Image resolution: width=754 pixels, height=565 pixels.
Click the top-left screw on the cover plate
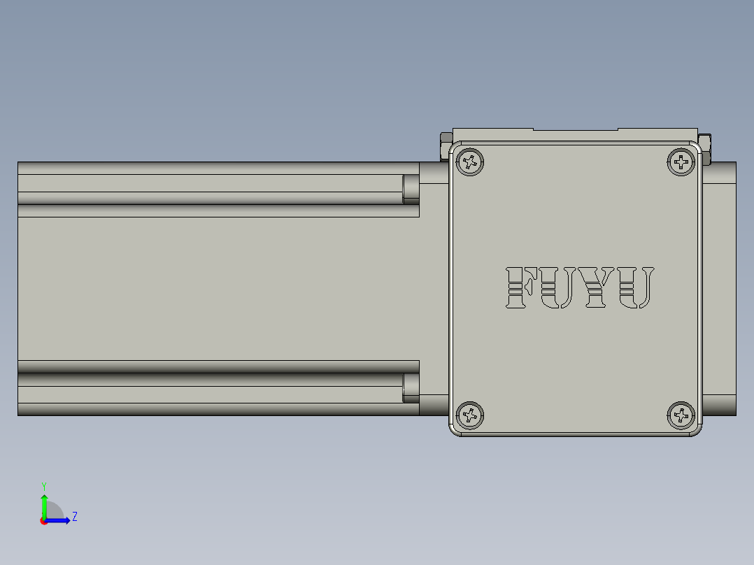(470, 162)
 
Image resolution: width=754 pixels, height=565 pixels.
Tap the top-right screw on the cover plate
(681, 162)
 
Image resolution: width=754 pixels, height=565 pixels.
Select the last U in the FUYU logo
(636, 287)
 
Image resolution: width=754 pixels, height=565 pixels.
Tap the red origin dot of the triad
(44, 521)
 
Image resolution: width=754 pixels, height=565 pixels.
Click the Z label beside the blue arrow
(74, 517)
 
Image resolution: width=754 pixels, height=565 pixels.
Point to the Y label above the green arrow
(44, 485)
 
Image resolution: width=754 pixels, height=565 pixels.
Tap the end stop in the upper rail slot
(411, 188)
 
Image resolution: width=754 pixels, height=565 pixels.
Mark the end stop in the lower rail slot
(411, 388)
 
